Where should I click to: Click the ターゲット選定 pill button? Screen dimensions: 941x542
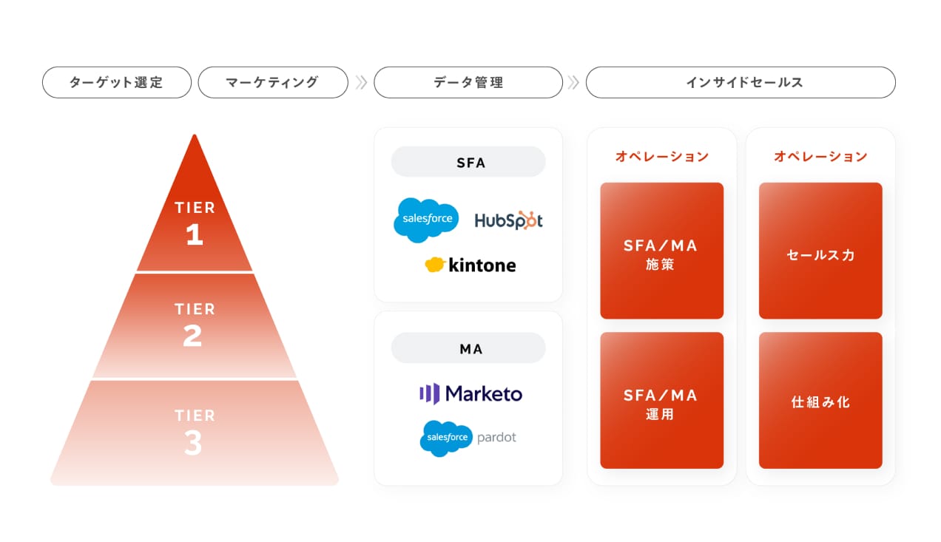point(117,82)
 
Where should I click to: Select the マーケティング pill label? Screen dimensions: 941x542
point(273,82)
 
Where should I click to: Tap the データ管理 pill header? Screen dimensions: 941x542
point(468,82)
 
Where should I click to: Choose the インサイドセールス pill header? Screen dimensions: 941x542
point(741,82)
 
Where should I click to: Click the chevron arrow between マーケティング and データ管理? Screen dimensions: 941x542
point(361,82)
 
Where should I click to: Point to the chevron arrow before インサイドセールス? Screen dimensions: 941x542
point(573,82)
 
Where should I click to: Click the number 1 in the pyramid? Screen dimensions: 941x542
point(195,234)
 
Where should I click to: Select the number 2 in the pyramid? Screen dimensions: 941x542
point(193,336)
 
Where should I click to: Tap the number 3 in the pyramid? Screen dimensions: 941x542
point(193,443)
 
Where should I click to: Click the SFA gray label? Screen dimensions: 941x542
point(468,162)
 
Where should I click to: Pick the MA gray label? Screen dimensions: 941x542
point(468,348)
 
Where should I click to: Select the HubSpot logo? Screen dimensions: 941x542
point(509,220)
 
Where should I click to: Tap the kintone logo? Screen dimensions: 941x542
point(470,265)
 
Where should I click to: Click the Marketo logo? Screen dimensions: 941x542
point(471,394)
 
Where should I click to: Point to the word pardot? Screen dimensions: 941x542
point(496,438)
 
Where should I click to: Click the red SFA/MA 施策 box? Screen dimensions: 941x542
point(661,251)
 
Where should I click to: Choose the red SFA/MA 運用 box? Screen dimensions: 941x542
point(661,401)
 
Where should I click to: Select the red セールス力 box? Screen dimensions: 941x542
point(820,251)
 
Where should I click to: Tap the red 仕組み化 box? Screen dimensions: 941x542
point(820,401)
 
